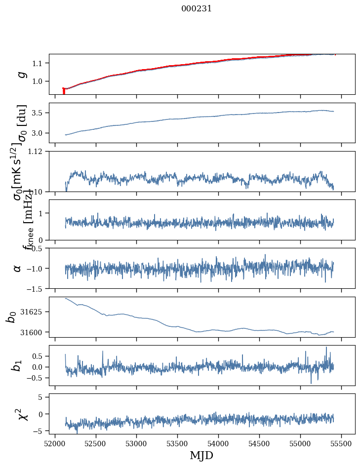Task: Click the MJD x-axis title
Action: click(x=201, y=455)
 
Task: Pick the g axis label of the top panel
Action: click(x=21, y=74)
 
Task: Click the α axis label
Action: click(x=18, y=268)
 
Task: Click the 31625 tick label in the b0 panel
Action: click(x=34, y=312)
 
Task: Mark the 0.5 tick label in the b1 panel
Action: click(x=39, y=356)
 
